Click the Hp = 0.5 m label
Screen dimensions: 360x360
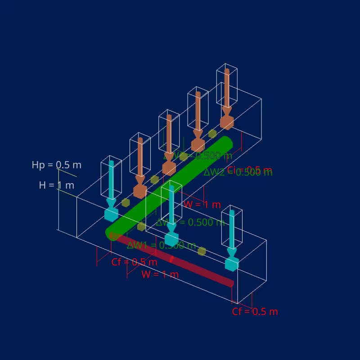(x=56, y=165)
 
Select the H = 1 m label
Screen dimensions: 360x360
(x=57, y=185)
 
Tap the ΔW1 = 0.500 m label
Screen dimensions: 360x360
(x=161, y=245)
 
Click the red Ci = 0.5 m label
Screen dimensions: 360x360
(x=250, y=170)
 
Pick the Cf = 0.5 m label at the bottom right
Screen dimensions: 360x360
(x=255, y=311)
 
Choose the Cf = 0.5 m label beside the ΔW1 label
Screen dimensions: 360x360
(x=134, y=262)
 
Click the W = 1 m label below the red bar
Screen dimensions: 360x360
(x=160, y=274)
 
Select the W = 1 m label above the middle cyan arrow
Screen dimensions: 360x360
(x=202, y=205)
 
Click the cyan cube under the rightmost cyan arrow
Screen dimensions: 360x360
(x=231, y=264)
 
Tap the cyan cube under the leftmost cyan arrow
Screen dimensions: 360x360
(x=111, y=214)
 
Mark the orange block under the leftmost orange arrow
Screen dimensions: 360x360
(x=140, y=191)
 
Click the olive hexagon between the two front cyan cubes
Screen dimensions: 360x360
(x=202, y=251)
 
